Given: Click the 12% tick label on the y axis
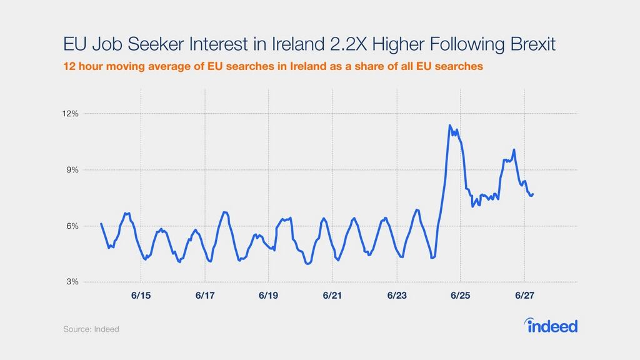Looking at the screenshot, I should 70,114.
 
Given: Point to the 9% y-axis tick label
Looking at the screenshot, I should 72,170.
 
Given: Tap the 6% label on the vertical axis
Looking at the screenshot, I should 72,226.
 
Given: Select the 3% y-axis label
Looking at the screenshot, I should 72,282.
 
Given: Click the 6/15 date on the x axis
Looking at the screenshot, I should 141,294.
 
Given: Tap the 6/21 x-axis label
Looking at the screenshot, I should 332,294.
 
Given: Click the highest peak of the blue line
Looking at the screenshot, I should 450,126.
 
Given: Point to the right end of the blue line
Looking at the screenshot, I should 533,194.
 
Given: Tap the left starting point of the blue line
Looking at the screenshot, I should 101,224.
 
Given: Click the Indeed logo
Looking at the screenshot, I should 550,326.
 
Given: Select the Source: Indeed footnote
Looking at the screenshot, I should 91,329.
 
